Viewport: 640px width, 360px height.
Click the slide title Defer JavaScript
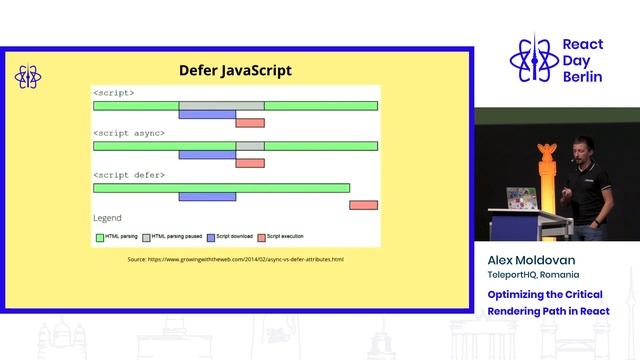tap(235, 70)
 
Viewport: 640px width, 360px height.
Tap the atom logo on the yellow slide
tap(27, 77)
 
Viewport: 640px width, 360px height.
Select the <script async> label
tap(129, 133)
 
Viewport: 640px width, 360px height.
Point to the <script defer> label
tap(129, 175)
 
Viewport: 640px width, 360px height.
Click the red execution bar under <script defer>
tap(363, 205)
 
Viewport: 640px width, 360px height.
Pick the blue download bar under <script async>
tap(207, 155)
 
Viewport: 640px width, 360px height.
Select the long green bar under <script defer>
tap(221, 187)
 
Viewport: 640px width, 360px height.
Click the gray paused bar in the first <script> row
tap(221, 105)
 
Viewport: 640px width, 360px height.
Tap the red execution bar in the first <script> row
tap(250, 123)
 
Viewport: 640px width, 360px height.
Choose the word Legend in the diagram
tap(107, 218)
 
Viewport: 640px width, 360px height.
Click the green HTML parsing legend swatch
tap(99, 237)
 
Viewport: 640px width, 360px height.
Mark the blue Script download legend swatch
tap(211, 237)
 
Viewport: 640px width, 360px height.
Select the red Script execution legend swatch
tap(262, 237)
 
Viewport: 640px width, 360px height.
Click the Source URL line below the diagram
tap(235, 259)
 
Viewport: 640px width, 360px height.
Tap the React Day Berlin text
tap(582, 61)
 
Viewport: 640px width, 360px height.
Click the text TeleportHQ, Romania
tap(533, 274)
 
